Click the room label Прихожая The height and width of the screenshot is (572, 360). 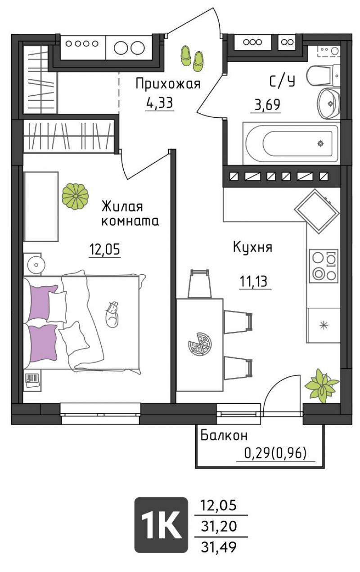point(168,84)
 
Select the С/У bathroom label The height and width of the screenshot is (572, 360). point(282,82)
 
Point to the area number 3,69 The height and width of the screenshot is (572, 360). point(267,104)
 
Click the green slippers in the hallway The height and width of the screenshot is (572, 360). point(192,58)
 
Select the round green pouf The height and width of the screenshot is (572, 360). point(75,196)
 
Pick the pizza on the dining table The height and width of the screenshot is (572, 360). point(200,344)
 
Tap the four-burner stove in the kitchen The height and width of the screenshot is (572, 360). point(324,266)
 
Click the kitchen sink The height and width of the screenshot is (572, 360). point(317,211)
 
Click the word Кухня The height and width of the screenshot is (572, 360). point(252,247)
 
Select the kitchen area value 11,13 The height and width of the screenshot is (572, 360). point(253,282)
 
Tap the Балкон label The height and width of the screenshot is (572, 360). point(224,435)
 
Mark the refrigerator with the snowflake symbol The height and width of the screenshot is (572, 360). point(324,325)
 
